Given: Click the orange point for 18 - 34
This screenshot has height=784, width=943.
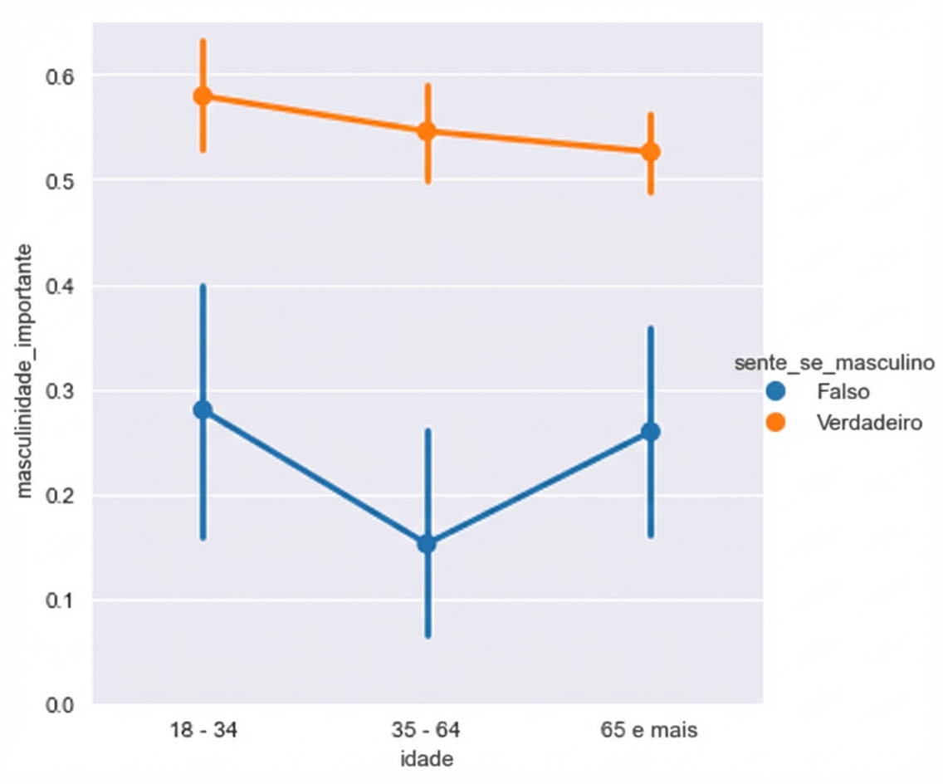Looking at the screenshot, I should pos(203,96).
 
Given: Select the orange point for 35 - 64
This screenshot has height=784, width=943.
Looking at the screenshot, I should pos(427,131).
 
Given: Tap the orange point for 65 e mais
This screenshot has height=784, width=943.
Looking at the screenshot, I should pos(651,152).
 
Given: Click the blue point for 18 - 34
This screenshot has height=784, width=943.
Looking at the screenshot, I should pos(203,409).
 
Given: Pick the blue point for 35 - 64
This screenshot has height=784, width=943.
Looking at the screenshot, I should pos(427,544).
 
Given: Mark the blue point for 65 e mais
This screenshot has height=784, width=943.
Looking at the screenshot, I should pos(651,432).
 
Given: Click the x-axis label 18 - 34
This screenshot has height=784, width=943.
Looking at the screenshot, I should pos(203,732).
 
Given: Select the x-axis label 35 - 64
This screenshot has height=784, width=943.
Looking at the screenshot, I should pos(427,732).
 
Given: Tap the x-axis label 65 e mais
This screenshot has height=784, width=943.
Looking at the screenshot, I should pos(650,732).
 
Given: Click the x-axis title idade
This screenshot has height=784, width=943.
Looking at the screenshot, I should pos(426,759).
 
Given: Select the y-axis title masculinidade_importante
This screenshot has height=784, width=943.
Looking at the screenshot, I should pos(26,370).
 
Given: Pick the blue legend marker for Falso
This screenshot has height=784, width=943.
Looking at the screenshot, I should pos(776,390).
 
